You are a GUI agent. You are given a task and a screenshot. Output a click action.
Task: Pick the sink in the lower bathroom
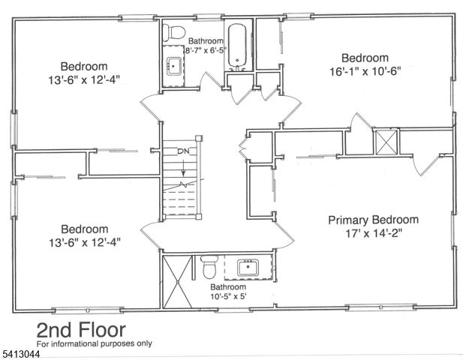point(248,268)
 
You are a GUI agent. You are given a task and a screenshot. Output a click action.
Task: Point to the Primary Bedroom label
point(373,220)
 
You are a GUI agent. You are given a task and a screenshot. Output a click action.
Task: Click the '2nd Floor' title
point(81,330)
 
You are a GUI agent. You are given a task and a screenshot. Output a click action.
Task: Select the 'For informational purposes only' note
point(95,344)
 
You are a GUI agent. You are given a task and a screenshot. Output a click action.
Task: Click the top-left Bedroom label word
point(84,65)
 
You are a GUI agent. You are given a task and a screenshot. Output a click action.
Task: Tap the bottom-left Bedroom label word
point(84,229)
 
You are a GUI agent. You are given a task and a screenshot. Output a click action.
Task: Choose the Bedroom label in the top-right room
point(365,58)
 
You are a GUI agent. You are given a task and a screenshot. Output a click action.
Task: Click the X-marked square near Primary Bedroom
point(386,141)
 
